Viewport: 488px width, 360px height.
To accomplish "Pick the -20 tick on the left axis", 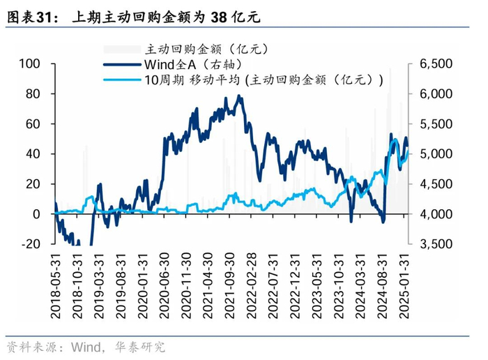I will coord(32,244).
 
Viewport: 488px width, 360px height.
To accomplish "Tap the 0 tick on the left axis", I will coord(38,214).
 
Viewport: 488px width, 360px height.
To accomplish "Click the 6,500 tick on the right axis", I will coord(437,63).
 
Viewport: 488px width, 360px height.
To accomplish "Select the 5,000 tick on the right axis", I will coord(437,153).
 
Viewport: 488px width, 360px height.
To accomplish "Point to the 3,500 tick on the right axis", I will coord(437,244).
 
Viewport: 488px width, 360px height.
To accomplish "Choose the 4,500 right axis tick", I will coord(437,184).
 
